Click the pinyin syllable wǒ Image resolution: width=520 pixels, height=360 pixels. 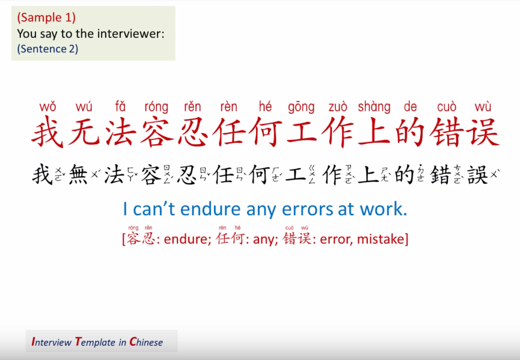pyautogui.click(x=47, y=107)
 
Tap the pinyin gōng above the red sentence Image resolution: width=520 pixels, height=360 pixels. pyautogui.click(x=301, y=108)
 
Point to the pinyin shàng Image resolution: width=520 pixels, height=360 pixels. pyautogui.click(x=374, y=108)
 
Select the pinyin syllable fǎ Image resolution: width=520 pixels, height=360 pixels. pyautogui.click(x=120, y=107)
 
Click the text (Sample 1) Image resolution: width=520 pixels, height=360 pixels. pyautogui.click(x=46, y=17)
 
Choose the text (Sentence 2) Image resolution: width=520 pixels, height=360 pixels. pyautogui.click(x=47, y=49)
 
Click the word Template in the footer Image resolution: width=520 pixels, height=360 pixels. pyautogui.click(x=95, y=342)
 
